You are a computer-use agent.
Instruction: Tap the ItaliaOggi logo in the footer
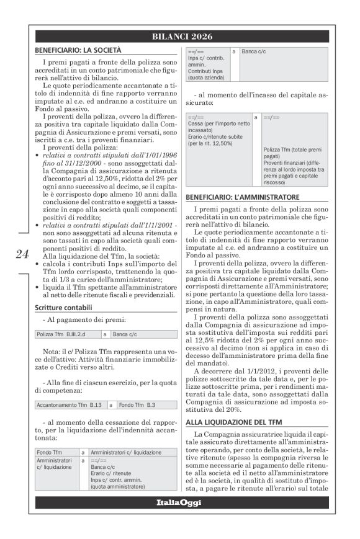click(x=179, y=503)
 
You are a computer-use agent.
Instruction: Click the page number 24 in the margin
click(x=22, y=254)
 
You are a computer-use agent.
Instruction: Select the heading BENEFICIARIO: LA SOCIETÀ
click(x=78, y=49)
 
